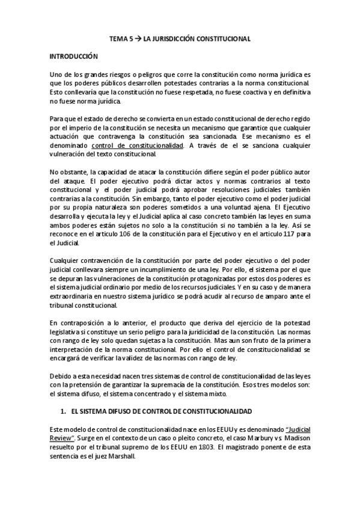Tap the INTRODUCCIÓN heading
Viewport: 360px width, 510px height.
tap(73, 56)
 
